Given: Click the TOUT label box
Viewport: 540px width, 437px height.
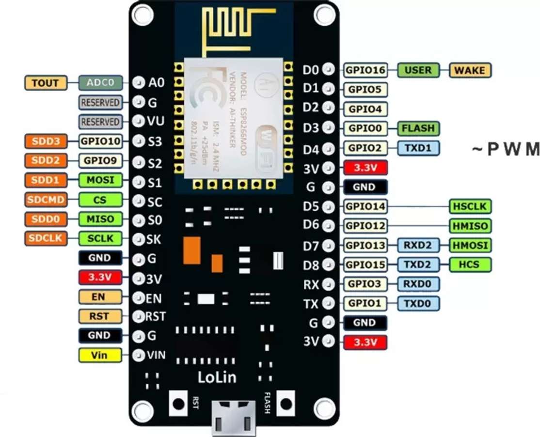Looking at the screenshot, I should [x=45, y=83].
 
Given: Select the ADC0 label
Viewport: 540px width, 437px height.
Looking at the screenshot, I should [x=100, y=83].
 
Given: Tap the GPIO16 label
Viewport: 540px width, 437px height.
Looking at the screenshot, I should [x=365, y=70].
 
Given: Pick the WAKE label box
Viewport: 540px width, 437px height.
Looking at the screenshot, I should [x=470, y=70].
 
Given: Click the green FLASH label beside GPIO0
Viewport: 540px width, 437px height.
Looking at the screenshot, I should [x=418, y=129].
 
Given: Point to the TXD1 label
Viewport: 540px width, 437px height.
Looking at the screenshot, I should [x=418, y=148].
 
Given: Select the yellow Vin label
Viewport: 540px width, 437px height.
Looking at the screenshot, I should [x=99, y=355].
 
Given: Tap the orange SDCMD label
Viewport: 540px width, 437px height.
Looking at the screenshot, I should [x=45, y=200].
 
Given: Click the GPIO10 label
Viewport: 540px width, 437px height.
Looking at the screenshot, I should [x=99, y=141].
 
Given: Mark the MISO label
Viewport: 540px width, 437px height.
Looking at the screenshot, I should [x=100, y=219].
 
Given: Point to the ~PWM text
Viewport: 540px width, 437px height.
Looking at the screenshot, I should [x=505, y=149].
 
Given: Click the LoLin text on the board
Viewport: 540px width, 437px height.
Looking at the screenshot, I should [x=217, y=376].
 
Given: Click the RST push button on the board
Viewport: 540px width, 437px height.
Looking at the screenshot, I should [x=178, y=402].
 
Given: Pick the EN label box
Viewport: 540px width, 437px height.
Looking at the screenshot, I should [x=98, y=297].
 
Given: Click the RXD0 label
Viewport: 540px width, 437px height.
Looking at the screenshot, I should [x=418, y=284].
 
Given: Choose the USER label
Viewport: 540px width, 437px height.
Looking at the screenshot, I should [x=418, y=70].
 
